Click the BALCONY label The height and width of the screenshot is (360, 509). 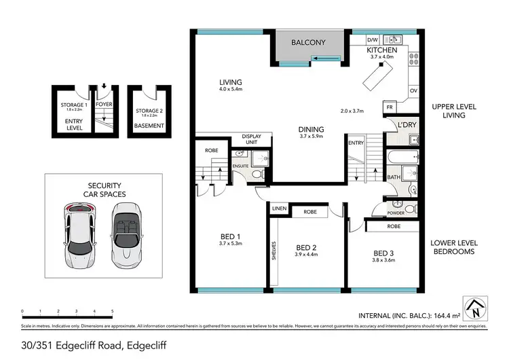[308, 43]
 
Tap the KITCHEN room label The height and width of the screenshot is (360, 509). [381, 51]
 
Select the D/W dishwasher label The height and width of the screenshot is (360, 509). [372, 39]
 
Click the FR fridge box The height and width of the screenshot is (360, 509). [390, 107]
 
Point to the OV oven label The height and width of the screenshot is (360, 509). [413, 90]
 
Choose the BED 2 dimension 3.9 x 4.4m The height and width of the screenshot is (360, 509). [307, 255]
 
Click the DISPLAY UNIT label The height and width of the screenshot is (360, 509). [251, 140]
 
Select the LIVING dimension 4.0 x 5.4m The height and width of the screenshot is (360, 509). [230, 90]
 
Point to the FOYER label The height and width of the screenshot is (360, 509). [104, 105]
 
